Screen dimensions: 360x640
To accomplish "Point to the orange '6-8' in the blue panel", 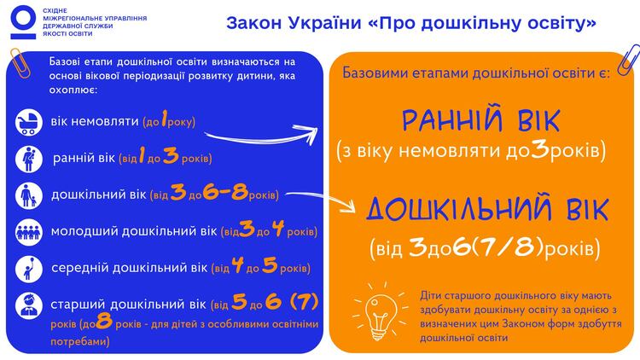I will point(224,195).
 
